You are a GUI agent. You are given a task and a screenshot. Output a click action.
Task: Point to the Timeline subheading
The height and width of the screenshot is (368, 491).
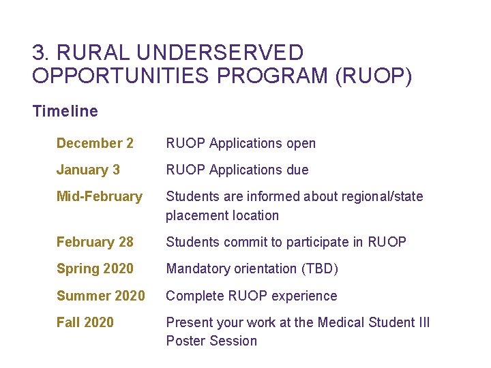(x=65, y=111)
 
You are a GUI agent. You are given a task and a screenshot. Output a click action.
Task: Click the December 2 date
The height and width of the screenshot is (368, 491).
(x=95, y=143)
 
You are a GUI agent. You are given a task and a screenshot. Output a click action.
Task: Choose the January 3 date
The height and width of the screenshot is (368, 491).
(x=88, y=170)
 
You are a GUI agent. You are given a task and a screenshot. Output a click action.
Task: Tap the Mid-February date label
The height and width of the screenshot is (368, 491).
(x=100, y=196)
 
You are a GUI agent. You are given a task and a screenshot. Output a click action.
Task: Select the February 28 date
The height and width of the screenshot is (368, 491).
(x=95, y=242)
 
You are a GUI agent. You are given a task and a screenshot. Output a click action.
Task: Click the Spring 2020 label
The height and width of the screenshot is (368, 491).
(x=95, y=269)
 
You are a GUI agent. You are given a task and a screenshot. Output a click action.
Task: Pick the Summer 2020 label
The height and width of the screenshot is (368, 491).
(x=100, y=296)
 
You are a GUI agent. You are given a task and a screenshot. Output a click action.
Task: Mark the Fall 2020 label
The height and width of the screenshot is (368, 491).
(x=85, y=322)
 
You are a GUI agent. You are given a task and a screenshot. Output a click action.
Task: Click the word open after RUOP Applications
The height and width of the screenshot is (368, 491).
(x=300, y=143)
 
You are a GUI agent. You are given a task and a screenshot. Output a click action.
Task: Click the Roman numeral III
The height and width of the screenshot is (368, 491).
(x=423, y=322)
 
